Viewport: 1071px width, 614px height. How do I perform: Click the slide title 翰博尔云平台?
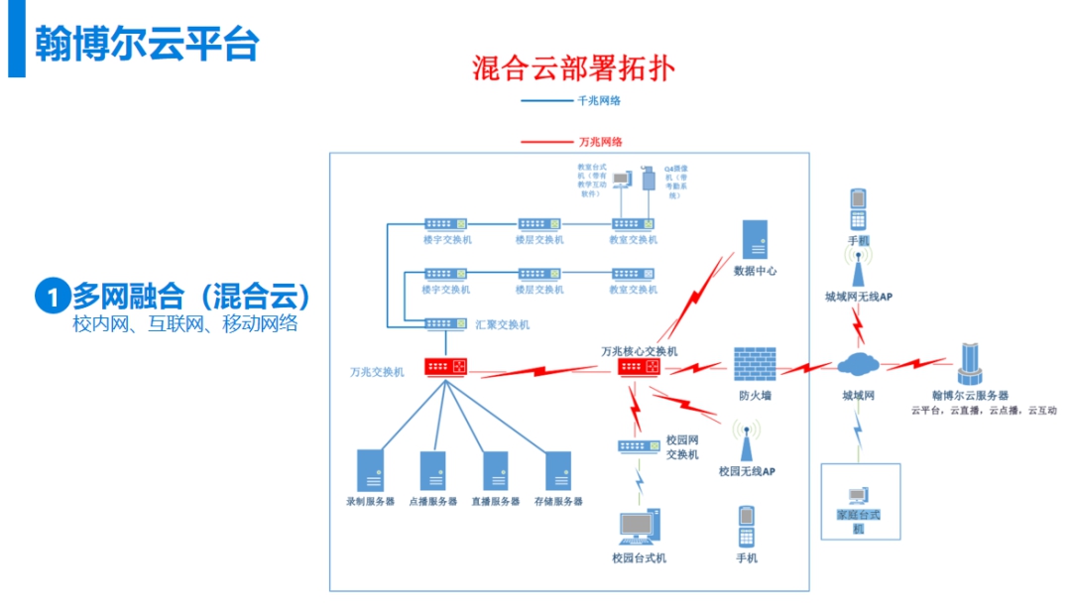(146, 44)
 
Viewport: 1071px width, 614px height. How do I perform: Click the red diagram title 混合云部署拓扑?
(574, 68)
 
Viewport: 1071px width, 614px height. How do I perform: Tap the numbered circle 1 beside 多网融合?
(52, 296)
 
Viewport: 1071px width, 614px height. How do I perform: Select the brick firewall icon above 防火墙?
(755, 365)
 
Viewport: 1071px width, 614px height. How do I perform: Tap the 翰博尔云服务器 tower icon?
(969, 364)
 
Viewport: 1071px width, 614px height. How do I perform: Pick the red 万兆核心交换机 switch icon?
(639, 367)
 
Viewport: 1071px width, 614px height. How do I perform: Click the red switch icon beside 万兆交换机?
(445, 367)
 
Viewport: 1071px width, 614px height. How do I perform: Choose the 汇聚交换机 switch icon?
(445, 323)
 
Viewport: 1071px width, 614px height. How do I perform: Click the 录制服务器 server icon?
(370, 470)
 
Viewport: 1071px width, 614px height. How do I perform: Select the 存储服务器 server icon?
(558, 470)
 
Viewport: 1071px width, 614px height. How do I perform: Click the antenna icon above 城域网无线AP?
(858, 266)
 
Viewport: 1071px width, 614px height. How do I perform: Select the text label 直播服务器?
(496, 502)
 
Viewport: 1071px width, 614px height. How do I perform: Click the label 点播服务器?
(433, 502)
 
